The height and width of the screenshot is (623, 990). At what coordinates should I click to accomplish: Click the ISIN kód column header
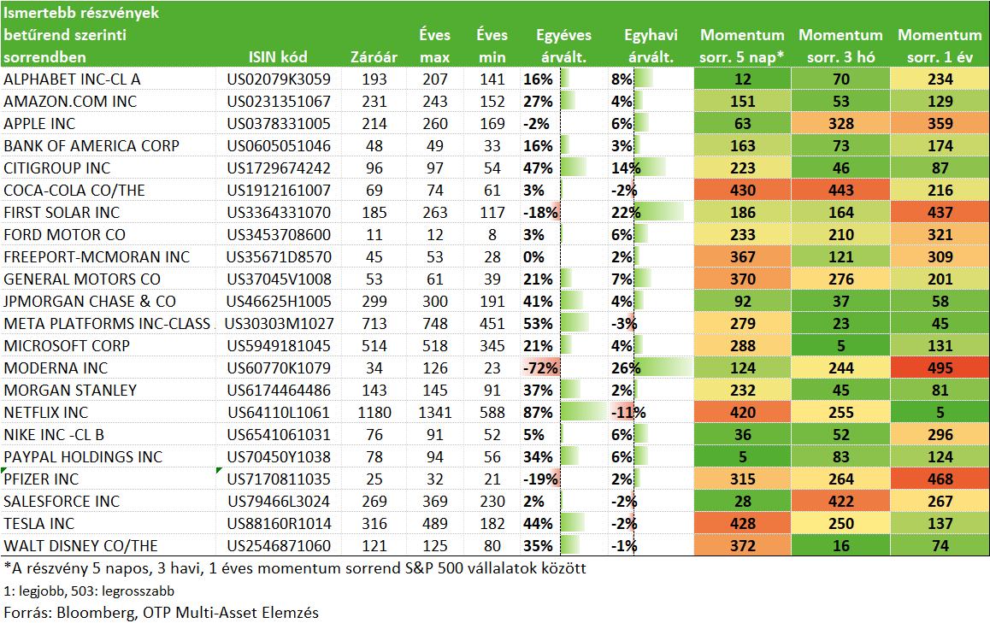click(278, 56)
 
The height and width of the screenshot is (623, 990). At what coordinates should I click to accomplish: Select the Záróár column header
click(374, 56)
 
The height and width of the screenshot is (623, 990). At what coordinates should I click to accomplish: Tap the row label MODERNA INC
click(56, 368)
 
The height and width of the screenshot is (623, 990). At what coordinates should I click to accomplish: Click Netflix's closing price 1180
click(374, 412)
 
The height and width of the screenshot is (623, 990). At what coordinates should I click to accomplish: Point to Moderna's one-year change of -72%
click(540, 368)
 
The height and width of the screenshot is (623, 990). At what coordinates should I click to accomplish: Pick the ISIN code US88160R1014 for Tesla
click(279, 523)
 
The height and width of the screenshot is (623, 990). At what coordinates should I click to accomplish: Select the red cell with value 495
click(940, 368)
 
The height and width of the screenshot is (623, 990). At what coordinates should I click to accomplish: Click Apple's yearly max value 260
click(435, 124)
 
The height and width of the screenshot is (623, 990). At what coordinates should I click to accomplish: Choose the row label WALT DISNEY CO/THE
click(81, 545)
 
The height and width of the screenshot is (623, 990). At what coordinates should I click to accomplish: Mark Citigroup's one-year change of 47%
click(538, 168)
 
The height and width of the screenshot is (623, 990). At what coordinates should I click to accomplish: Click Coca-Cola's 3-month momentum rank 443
click(841, 190)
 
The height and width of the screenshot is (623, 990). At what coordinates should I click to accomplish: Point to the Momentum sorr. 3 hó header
click(841, 46)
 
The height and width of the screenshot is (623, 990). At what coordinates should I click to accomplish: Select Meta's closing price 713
click(374, 323)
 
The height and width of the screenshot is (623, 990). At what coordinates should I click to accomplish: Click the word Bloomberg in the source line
click(95, 612)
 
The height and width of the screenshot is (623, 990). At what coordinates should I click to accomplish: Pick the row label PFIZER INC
click(41, 479)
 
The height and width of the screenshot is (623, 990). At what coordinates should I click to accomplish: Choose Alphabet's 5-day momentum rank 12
click(742, 79)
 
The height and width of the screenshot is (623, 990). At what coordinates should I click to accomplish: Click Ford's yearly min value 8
click(492, 235)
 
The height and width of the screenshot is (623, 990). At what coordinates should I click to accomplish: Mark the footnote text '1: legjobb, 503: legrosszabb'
click(89, 591)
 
